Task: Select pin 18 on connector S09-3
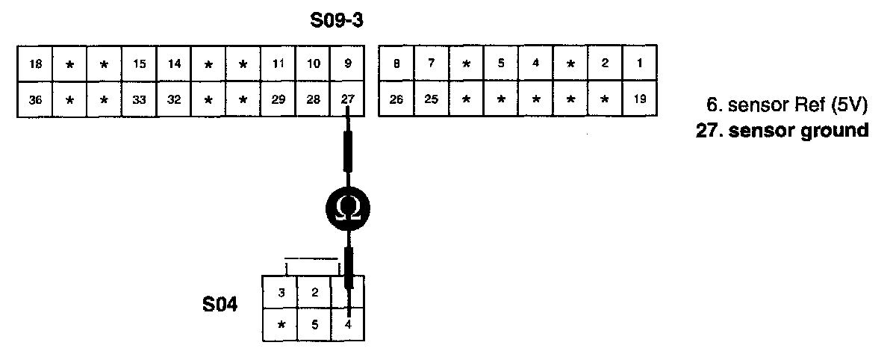click(x=35, y=64)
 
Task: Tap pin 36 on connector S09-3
click(x=35, y=99)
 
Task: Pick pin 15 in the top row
click(x=140, y=64)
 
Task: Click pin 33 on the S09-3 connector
click(x=140, y=99)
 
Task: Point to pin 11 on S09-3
click(x=279, y=64)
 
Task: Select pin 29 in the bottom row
click(x=279, y=99)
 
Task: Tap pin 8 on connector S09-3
click(x=396, y=64)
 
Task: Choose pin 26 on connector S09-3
click(x=396, y=99)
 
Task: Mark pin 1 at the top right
click(x=640, y=64)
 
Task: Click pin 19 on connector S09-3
click(x=640, y=99)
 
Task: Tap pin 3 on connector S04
click(x=281, y=292)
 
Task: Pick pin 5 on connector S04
click(x=314, y=325)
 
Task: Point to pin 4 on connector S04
click(x=349, y=325)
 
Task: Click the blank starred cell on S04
click(x=281, y=325)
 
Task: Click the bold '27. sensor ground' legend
click(x=782, y=130)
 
